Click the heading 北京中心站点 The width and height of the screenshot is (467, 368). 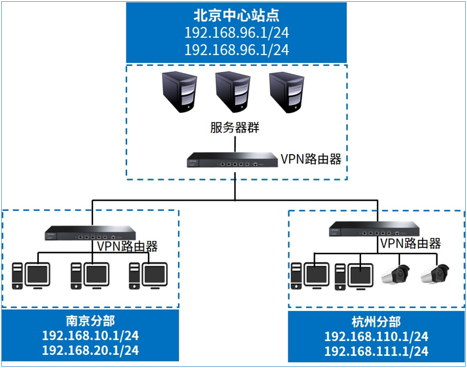tap(236, 14)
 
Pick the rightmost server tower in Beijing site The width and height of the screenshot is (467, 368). tap(285, 91)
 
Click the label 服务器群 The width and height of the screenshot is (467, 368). tap(234, 128)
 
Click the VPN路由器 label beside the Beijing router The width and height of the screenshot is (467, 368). tap(311, 159)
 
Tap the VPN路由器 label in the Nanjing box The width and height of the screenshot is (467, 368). tap(126, 246)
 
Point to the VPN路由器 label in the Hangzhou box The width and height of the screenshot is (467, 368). tap(411, 243)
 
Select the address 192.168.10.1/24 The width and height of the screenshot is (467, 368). tap(91, 336)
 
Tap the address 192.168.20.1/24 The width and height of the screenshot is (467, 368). tap(91, 350)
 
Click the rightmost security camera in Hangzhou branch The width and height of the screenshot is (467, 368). tap(434, 273)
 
